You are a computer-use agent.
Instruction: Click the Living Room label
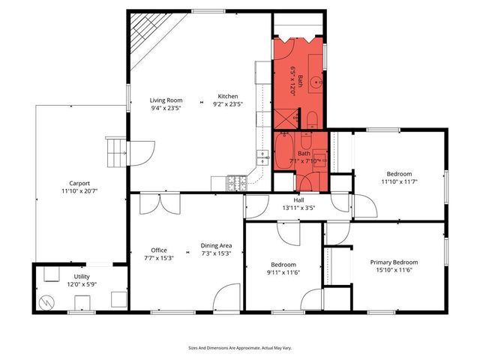coord(166,100)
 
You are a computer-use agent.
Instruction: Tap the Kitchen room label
coord(228,96)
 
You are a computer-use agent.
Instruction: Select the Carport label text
coord(79,183)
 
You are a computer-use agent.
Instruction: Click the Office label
coord(158,250)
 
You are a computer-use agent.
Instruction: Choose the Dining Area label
coord(216,246)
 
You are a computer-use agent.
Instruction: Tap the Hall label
coord(298,200)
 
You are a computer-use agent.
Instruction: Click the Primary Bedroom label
coord(394,262)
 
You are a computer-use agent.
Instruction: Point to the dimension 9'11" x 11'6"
coord(283,272)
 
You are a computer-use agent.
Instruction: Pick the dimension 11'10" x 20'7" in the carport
coord(79,191)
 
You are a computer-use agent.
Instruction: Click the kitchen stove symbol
coord(238,181)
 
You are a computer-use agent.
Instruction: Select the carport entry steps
coord(115,153)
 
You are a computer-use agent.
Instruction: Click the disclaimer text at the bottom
coord(240,348)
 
